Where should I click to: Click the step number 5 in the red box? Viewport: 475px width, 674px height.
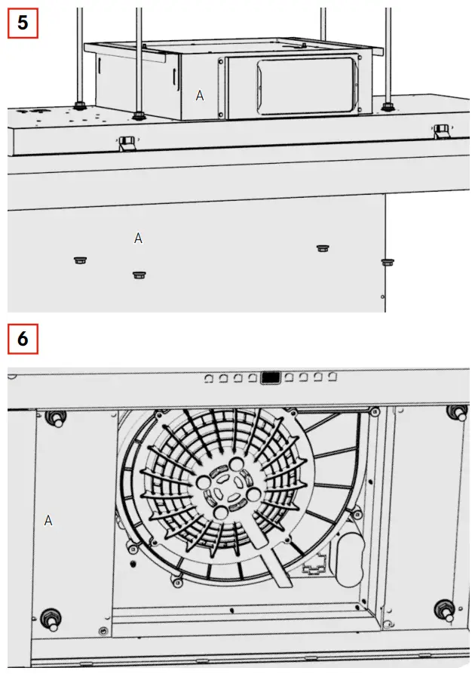coord(23,22)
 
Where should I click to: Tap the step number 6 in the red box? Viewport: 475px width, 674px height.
coord(23,339)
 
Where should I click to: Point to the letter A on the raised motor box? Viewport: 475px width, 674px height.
coord(200,95)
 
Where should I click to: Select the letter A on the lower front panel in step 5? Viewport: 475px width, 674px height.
coord(138,238)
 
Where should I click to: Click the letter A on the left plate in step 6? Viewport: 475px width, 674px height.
coord(48,521)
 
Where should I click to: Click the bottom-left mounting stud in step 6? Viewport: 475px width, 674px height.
coord(51,617)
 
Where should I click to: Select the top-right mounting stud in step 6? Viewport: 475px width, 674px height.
coord(455,412)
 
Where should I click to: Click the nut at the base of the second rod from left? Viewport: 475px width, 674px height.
coord(138,115)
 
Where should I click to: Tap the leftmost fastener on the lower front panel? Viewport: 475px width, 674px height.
coord(80,260)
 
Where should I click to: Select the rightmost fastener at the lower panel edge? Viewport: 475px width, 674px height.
coord(388,262)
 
